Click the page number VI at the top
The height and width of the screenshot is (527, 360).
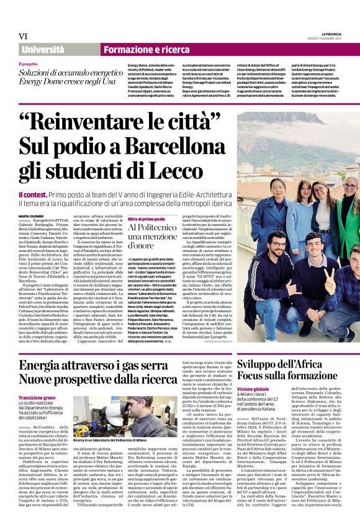pyautogui.click(x=24, y=36)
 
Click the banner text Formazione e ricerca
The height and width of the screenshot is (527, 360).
pyautogui.click(x=146, y=50)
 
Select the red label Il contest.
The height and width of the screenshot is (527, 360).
pyautogui.click(x=32, y=194)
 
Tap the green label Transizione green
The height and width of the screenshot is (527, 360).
pyautogui.click(x=37, y=397)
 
